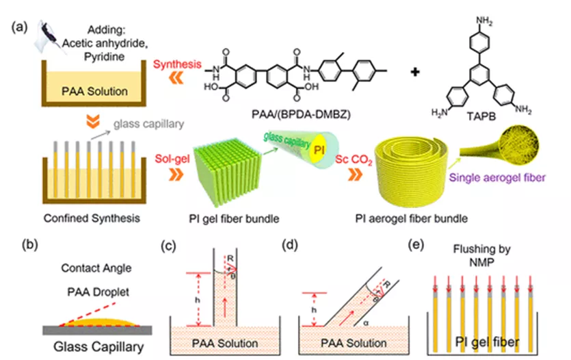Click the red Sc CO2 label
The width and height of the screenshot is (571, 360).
coord(354,159)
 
